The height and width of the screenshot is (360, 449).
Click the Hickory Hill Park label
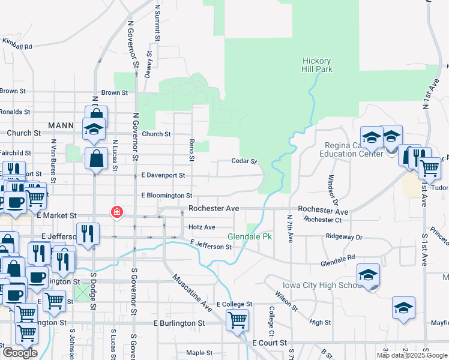(x=317, y=65)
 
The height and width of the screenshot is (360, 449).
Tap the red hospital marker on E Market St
(x=116, y=212)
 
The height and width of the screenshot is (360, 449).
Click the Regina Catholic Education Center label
(x=354, y=149)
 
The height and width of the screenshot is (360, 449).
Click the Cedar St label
(x=244, y=161)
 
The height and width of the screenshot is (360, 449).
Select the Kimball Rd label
(x=17, y=44)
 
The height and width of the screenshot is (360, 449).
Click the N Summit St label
(x=158, y=23)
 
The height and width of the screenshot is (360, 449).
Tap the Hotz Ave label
(x=202, y=227)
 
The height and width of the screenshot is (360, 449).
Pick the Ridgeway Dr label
(x=344, y=237)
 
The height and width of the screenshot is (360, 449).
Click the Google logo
(x=20, y=353)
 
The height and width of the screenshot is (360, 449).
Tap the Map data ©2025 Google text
(x=412, y=355)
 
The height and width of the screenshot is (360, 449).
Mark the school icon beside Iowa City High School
(x=369, y=275)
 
